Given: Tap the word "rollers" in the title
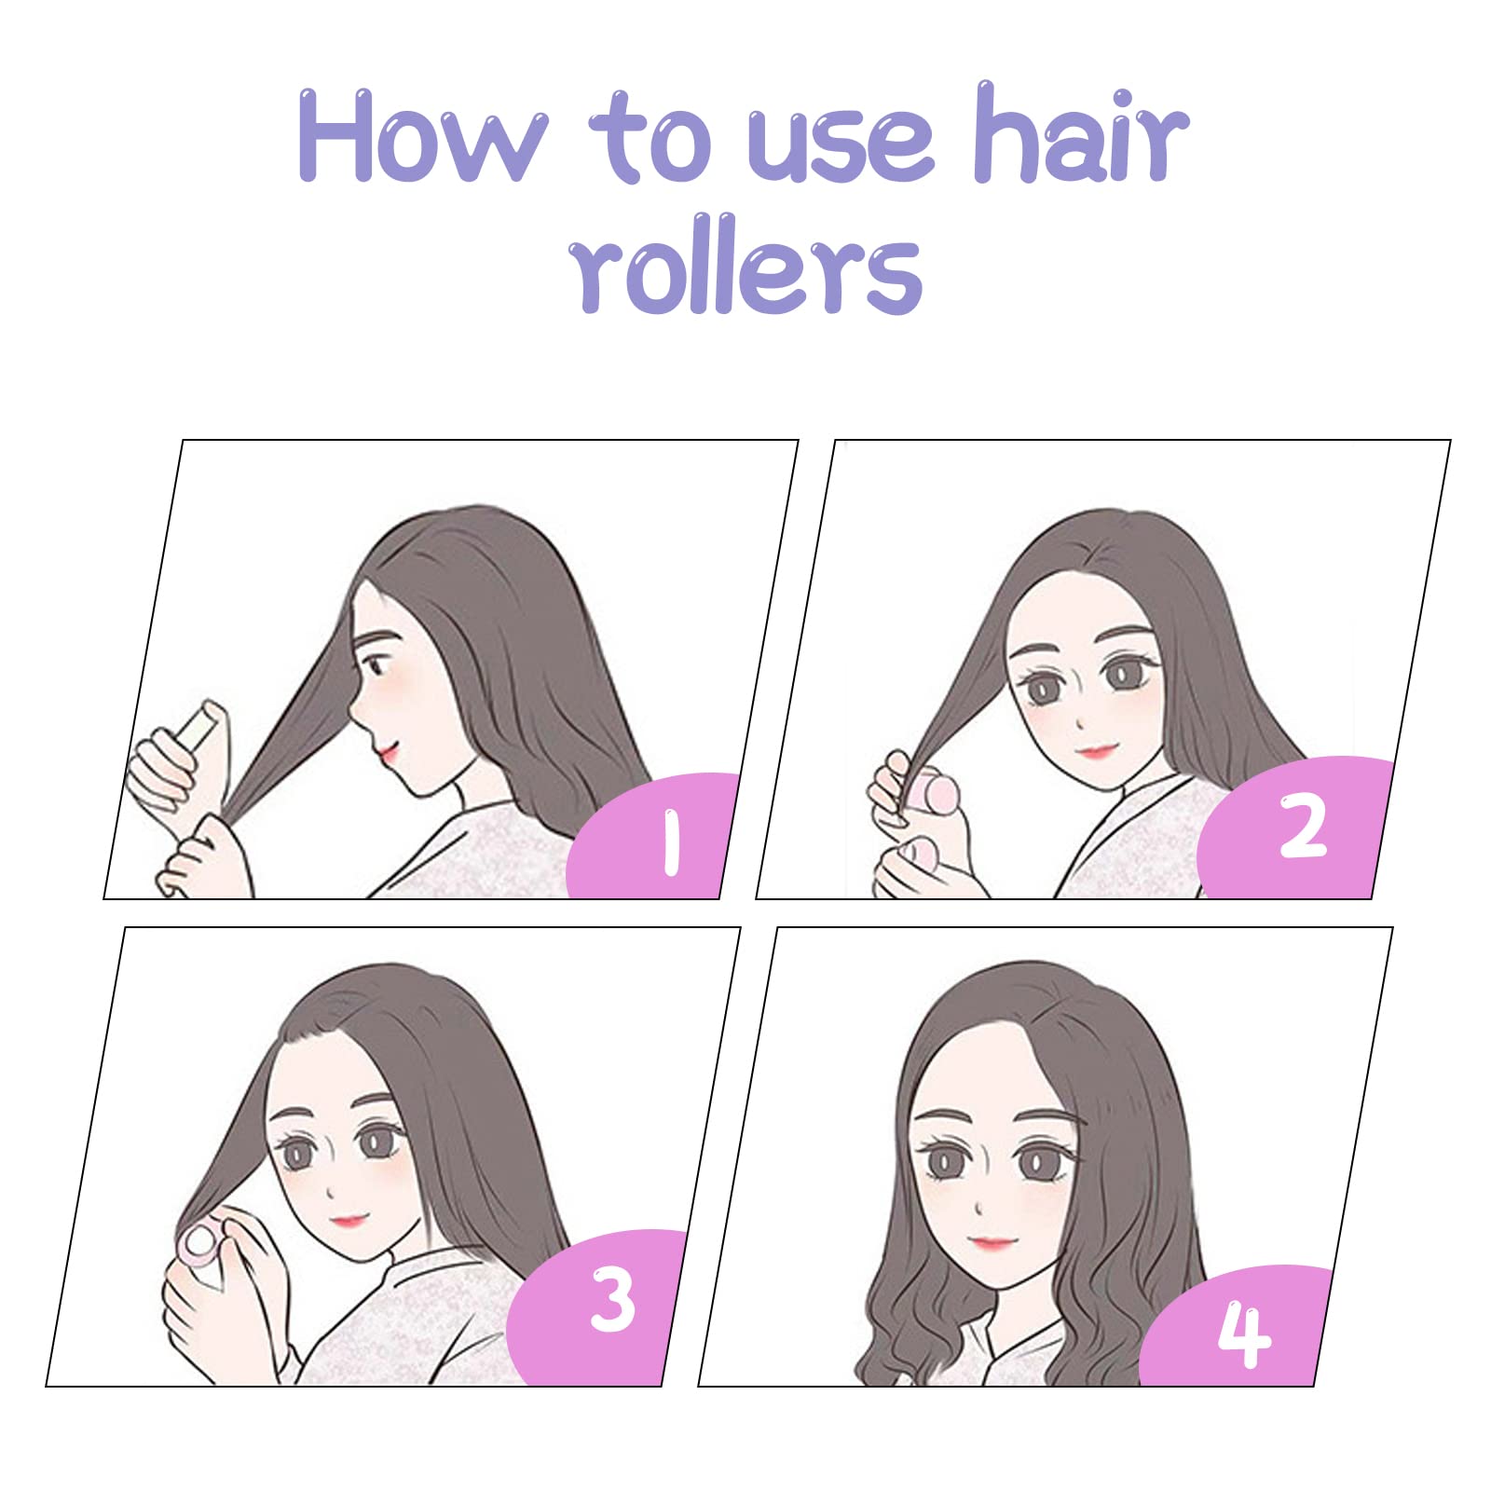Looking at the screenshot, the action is [x=745, y=265].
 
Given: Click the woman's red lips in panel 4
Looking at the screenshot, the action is [x=992, y=1242].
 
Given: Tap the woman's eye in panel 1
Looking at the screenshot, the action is [x=375, y=666].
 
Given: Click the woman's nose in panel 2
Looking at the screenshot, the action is [x=1078, y=722].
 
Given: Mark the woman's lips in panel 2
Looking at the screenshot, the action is [x=1096, y=751].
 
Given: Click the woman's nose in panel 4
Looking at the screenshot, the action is [x=978, y=1208].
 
